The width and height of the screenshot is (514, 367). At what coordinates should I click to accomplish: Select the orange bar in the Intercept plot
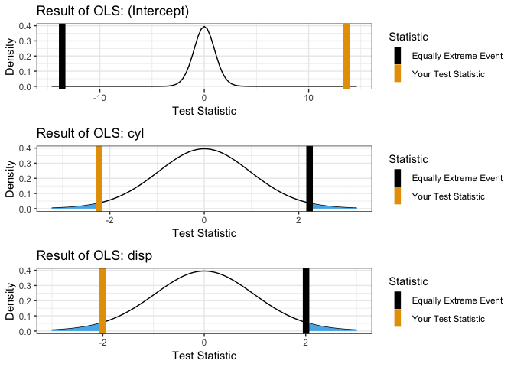[346, 56]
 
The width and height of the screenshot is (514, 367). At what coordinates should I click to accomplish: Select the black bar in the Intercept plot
[62, 56]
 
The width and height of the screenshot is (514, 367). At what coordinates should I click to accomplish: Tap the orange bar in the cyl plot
[99, 178]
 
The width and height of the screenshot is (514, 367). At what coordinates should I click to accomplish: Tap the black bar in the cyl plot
[309, 178]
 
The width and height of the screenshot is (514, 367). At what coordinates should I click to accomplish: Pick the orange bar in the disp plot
[102, 300]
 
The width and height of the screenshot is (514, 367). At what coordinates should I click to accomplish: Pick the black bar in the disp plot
[305, 300]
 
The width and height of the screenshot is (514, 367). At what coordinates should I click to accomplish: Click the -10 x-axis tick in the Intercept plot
[99, 97]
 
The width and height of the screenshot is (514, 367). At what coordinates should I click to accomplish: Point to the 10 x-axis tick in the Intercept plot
[308, 97]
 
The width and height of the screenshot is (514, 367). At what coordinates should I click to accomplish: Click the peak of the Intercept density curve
[203, 28]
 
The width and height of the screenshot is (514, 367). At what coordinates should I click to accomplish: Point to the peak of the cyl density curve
[203, 149]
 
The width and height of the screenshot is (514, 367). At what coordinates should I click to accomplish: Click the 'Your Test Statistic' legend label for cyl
[448, 196]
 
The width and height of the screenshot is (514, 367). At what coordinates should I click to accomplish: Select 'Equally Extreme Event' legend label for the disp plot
[457, 300]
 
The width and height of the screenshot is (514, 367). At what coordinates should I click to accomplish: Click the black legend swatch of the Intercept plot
[397, 56]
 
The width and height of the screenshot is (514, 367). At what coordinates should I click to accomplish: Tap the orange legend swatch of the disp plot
[397, 319]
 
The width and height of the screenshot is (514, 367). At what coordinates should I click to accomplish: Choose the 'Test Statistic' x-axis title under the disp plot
[203, 355]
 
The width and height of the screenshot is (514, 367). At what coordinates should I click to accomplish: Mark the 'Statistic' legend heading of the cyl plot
[408, 158]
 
